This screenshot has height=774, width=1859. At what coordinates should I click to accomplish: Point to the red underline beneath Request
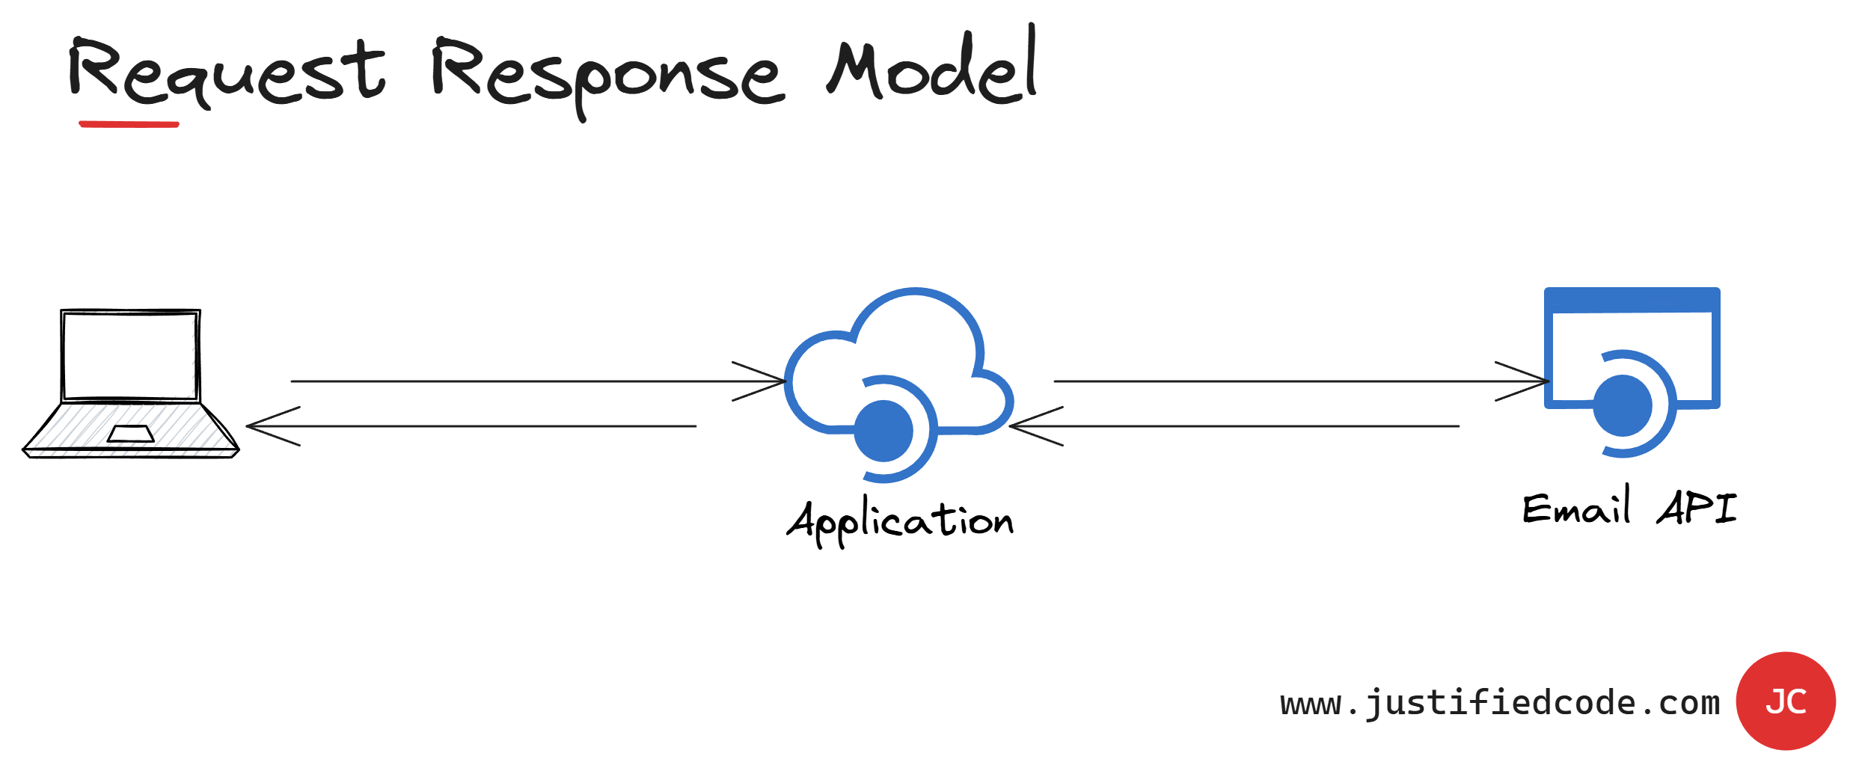(x=129, y=124)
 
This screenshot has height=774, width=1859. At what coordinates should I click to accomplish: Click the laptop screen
(x=130, y=356)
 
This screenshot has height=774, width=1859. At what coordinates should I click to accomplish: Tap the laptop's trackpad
(x=131, y=434)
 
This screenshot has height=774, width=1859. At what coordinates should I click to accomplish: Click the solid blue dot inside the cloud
(x=883, y=431)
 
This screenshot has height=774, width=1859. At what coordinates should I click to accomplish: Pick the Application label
(x=901, y=520)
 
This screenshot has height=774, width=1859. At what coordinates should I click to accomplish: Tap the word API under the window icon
(x=1697, y=509)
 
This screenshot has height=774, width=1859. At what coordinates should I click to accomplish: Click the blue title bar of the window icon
(x=1632, y=300)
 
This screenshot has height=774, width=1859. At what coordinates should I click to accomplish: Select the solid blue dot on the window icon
(x=1623, y=405)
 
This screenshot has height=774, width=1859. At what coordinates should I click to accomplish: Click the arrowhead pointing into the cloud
(x=771, y=381)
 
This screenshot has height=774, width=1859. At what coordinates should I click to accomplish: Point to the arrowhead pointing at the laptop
(x=262, y=426)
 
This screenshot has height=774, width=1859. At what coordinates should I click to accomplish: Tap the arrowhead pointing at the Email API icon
(x=1534, y=381)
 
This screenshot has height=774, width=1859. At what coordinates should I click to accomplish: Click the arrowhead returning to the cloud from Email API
(x=1025, y=426)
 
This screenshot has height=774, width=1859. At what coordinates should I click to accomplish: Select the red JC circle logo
(x=1786, y=701)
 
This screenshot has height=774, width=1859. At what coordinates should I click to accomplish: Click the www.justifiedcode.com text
(x=1500, y=703)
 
